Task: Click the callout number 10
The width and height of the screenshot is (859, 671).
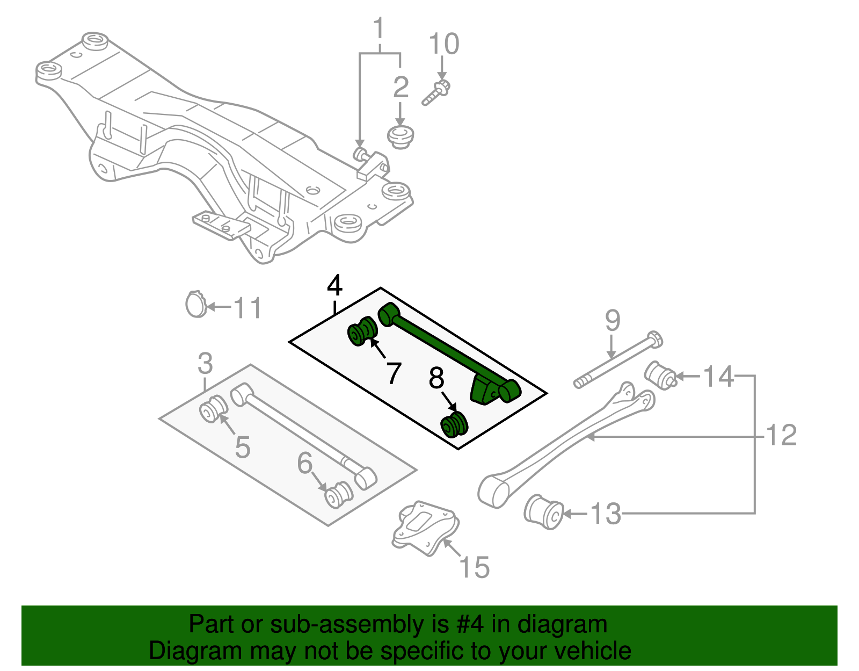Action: point(444,44)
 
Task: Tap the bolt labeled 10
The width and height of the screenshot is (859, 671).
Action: point(435,93)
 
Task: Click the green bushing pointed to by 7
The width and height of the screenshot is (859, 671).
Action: point(362,332)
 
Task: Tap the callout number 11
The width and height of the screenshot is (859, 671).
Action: point(247,308)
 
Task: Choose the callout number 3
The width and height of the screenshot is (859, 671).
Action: point(205,364)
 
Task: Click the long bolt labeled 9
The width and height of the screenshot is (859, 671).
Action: point(617,361)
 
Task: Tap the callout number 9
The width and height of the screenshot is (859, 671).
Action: point(613,321)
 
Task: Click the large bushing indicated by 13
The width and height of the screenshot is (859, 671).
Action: point(543,511)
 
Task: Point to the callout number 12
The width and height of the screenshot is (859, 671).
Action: point(781,435)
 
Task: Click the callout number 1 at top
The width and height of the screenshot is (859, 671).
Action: point(379,29)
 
